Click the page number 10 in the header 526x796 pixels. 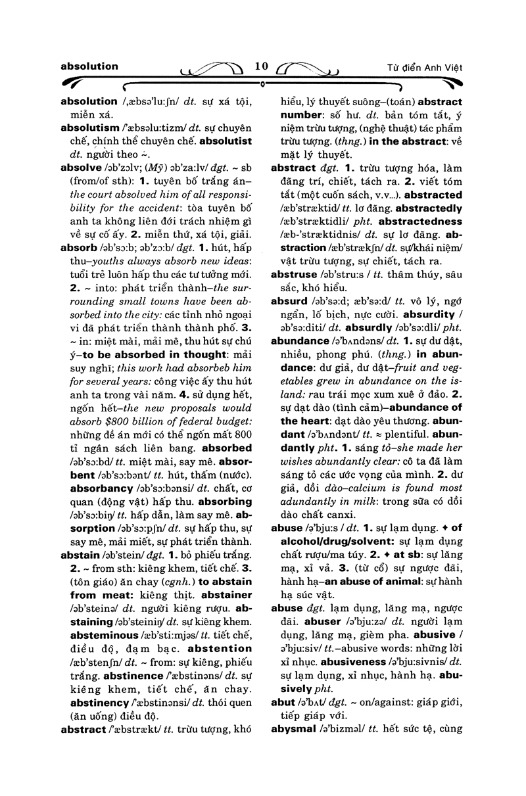point(262,66)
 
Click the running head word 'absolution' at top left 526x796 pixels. point(89,66)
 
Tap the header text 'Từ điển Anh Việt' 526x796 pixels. point(425,67)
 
